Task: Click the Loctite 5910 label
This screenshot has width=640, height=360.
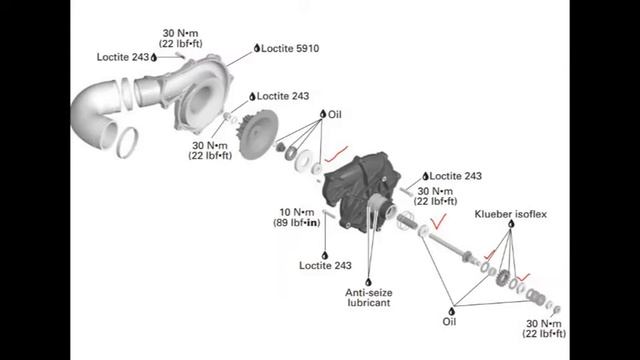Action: [x=290, y=49]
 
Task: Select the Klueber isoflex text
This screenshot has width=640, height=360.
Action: [x=510, y=214]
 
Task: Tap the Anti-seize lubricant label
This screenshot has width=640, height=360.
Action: [x=369, y=298]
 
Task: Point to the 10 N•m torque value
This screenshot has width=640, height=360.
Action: [x=297, y=212]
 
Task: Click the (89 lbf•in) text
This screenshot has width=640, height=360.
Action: [x=297, y=223]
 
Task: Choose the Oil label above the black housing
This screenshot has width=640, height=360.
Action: [x=335, y=115]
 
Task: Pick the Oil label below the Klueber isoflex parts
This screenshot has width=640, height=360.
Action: [x=449, y=322]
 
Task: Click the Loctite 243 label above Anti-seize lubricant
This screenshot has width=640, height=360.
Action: [x=325, y=266]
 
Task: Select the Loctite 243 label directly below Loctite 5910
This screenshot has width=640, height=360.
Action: [x=283, y=96]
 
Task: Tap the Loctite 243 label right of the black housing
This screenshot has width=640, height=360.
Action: [x=456, y=176]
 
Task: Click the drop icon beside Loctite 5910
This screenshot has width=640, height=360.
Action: [x=257, y=48]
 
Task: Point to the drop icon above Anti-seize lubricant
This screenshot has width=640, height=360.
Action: [x=368, y=282]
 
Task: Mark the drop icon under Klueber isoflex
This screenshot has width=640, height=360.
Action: [x=511, y=224]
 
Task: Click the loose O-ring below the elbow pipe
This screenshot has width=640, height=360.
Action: [x=127, y=142]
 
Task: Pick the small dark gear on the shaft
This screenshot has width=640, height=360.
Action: [x=502, y=278]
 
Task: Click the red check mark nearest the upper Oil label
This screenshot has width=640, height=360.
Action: [x=337, y=153]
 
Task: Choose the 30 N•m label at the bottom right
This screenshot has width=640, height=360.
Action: [x=544, y=324]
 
